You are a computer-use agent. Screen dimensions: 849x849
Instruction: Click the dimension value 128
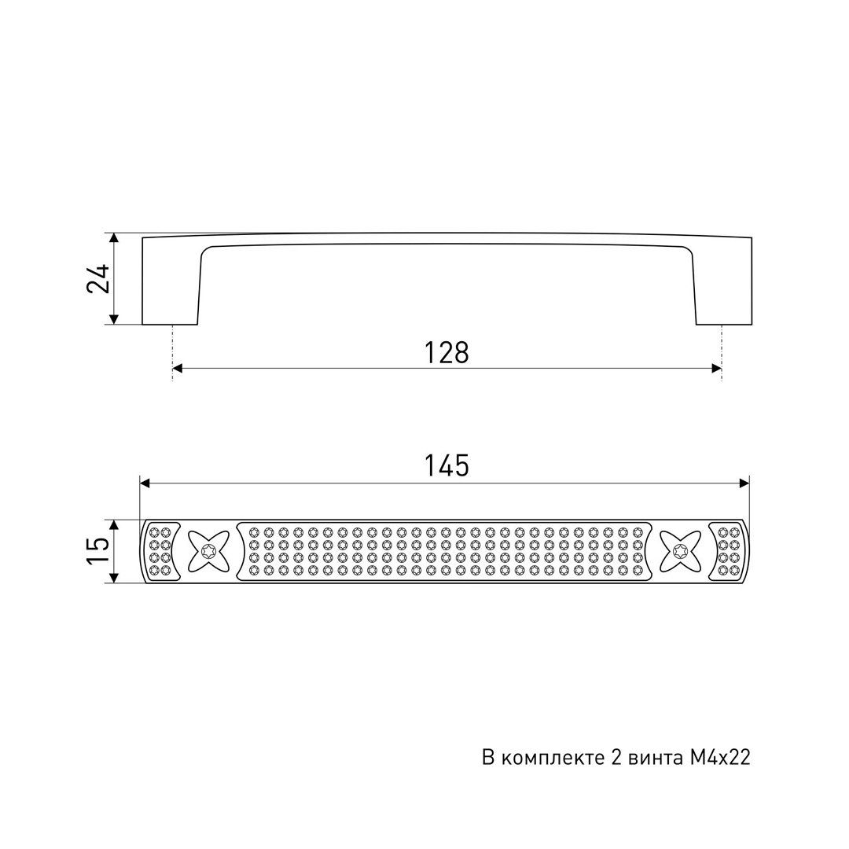pos(447,352)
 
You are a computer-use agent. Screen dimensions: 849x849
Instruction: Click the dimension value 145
pos(447,465)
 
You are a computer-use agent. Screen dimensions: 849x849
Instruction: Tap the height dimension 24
pos(98,279)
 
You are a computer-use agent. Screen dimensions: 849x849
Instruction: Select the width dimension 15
pos(98,551)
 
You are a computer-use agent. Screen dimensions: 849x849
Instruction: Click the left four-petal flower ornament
pos(208,551)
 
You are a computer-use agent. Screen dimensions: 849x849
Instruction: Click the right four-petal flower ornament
pos(680,551)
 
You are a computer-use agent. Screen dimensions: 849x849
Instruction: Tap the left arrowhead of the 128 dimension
pos(178,369)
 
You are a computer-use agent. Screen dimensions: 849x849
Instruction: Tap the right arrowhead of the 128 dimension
pos(716,369)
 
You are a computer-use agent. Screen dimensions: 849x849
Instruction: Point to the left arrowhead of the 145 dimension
pos(145,483)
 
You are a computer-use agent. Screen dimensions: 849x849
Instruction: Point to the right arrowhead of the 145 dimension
pos(744,483)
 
